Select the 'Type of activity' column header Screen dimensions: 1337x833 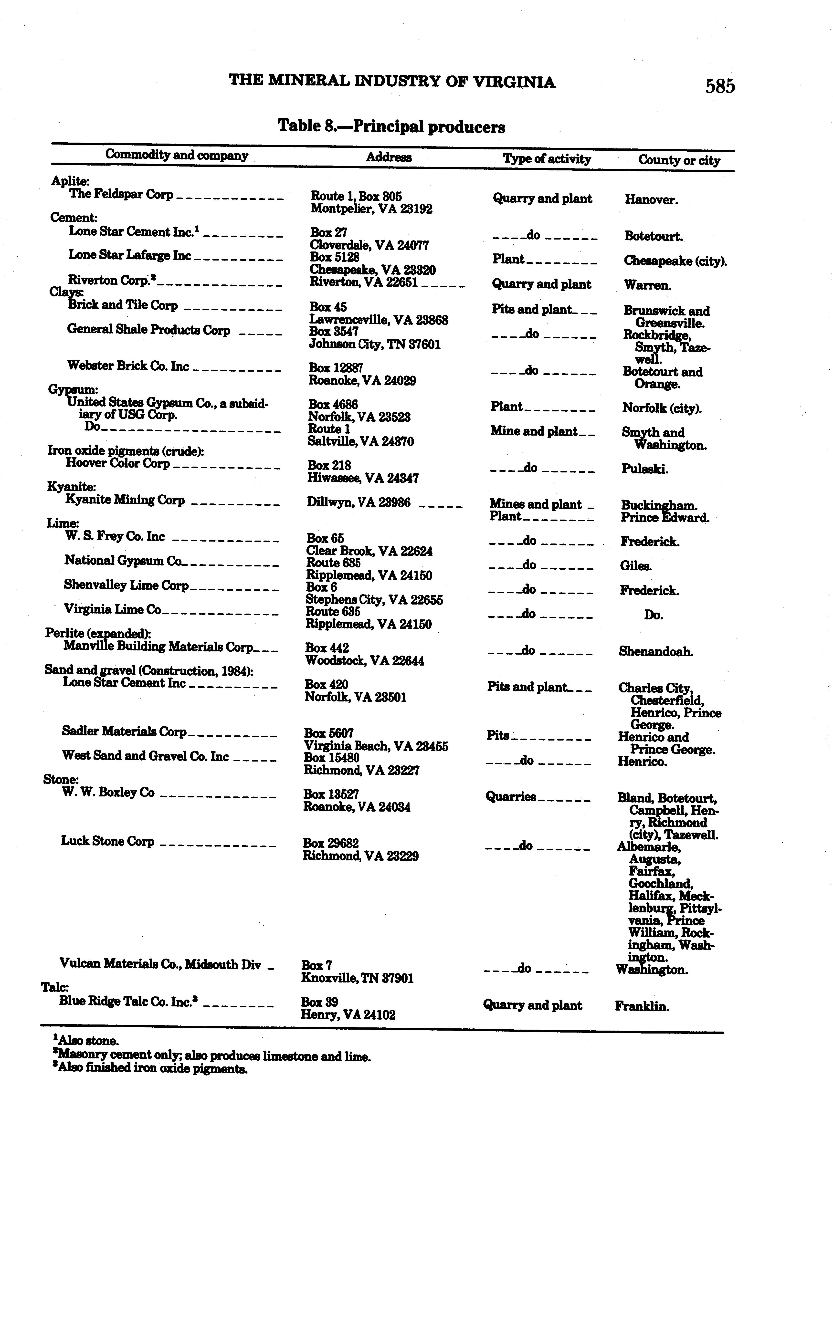[547, 159]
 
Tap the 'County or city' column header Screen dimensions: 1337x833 [679, 160]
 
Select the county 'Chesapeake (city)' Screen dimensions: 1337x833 [675, 261]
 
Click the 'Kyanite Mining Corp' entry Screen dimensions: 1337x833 [125, 500]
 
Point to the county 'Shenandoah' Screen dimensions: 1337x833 [656, 652]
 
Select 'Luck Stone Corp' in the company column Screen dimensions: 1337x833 [107, 841]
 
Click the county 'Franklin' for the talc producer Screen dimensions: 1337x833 [642, 1007]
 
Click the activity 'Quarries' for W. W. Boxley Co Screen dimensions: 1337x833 [510, 797]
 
